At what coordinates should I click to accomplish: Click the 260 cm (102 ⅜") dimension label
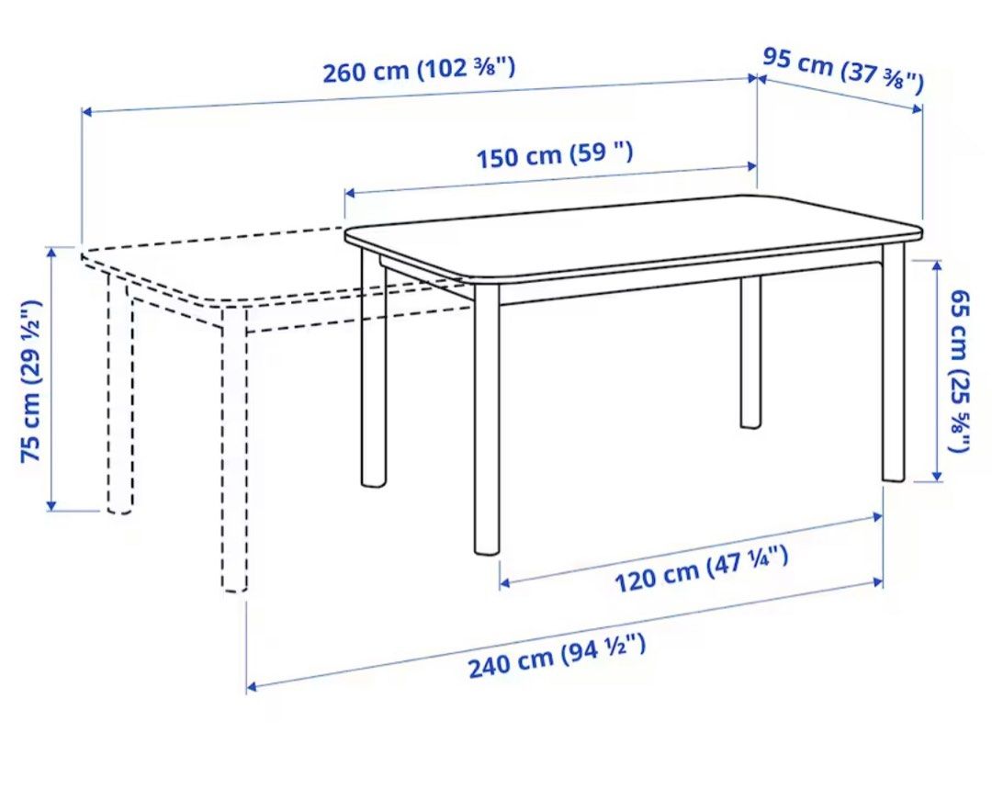coord(418,70)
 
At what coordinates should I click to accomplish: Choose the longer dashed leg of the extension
coord(234,450)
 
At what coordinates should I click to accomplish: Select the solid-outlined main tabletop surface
coord(634,234)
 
